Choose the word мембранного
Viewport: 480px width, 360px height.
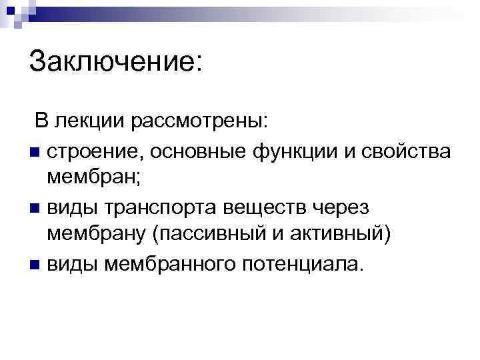tap(171, 264)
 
